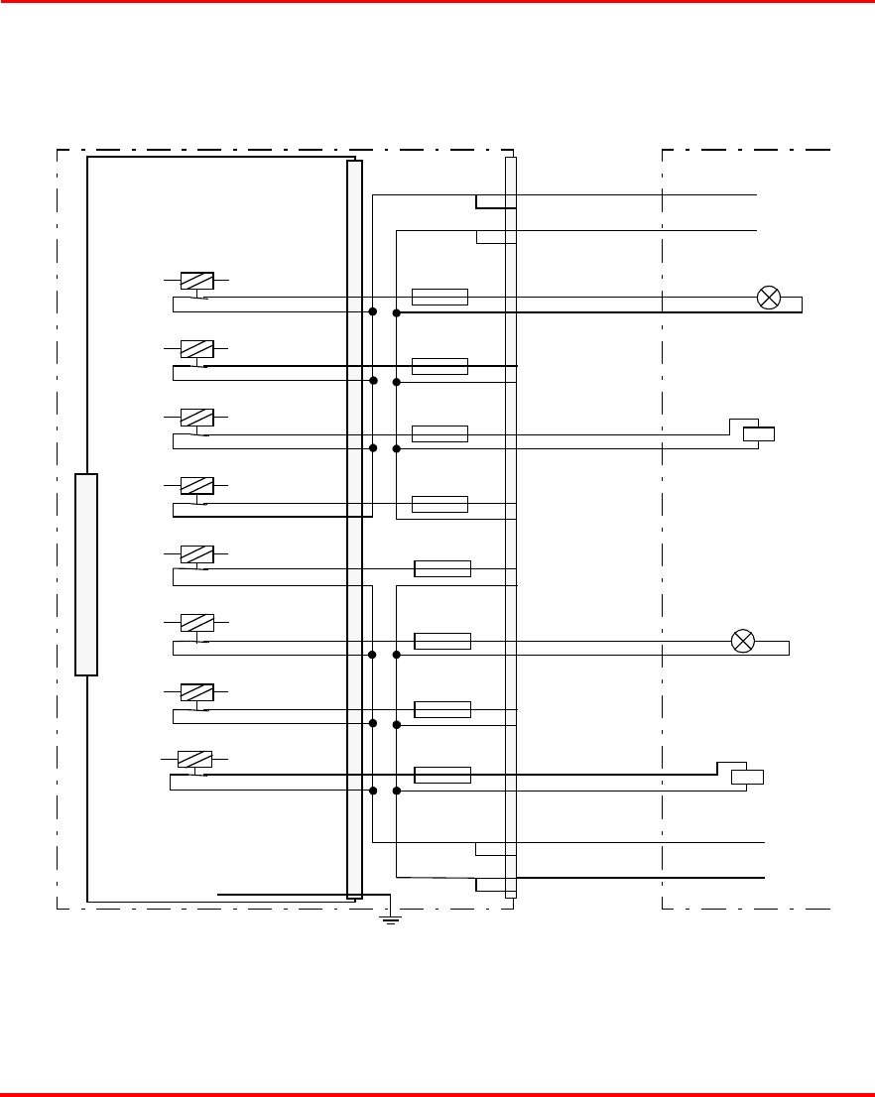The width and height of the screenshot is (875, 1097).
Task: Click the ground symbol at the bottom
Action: pyautogui.click(x=391, y=919)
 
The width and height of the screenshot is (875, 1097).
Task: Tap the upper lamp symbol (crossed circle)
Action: pyautogui.click(x=769, y=297)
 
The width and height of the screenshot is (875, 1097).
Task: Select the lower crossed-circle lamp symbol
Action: pyautogui.click(x=742, y=641)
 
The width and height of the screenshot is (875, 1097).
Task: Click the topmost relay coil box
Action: pyautogui.click(x=196, y=281)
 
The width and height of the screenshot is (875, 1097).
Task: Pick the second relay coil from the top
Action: pyautogui.click(x=196, y=349)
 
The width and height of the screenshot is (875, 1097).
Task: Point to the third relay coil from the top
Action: pyautogui.click(x=196, y=418)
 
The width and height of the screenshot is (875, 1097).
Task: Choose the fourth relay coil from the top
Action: pyautogui.click(x=196, y=486)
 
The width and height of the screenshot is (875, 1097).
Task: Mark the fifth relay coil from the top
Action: pyautogui.click(x=196, y=553)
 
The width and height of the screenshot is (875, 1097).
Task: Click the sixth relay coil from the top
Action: pyautogui.click(x=196, y=622)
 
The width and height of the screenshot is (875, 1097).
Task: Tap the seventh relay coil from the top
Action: pyautogui.click(x=196, y=690)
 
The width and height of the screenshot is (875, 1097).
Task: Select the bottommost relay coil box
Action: pyautogui.click(x=194, y=759)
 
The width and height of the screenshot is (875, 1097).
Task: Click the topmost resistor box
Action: pyautogui.click(x=439, y=297)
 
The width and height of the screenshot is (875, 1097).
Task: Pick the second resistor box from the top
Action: pyautogui.click(x=439, y=366)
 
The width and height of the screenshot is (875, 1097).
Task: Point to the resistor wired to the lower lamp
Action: pyautogui.click(x=441, y=641)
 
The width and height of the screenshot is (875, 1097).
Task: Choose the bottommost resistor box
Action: pyautogui.click(x=441, y=775)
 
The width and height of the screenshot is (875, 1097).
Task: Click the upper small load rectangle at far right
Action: pyautogui.click(x=759, y=433)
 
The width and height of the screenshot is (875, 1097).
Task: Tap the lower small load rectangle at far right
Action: pyautogui.click(x=747, y=777)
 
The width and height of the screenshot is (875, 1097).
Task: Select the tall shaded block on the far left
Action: pyautogui.click(x=86, y=574)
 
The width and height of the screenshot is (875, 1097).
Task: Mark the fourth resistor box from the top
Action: pyautogui.click(x=439, y=503)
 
